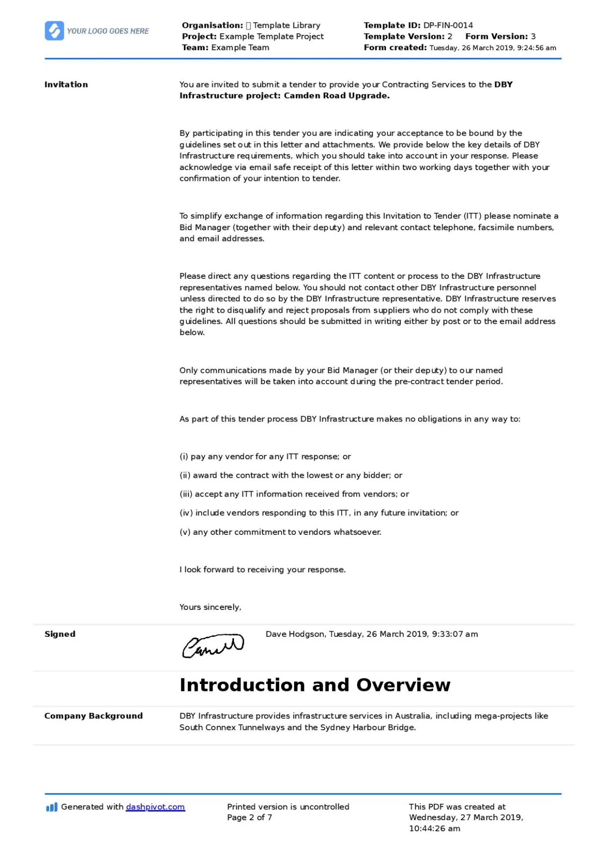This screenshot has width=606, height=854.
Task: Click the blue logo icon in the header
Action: click(x=54, y=31)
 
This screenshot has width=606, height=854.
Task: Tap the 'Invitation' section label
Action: click(x=66, y=85)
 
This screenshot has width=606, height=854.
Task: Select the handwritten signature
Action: click(x=213, y=646)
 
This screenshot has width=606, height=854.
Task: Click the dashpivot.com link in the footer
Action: click(x=155, y=807)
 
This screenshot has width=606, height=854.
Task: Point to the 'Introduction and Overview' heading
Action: click(x=314, y=685)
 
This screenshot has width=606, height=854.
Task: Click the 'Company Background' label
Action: click(x=93, y=716)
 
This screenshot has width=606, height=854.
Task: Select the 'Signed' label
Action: click(x=60, y=634)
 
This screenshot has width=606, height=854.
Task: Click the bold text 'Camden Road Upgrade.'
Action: click(x=336, y=96)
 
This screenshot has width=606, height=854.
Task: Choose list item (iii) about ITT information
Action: click(x=294, y=494)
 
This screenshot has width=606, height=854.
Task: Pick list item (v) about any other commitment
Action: click(x=280, y=532)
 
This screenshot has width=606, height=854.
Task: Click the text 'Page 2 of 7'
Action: click(x=249, y=817)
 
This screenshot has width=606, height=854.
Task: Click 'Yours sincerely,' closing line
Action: click(x=210, y=607)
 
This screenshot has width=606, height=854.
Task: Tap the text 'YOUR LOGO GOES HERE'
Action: click(x=108, y=31)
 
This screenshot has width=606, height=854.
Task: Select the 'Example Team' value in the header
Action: click(x=240, y=48)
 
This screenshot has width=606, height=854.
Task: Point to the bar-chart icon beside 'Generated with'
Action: click(x=51, y=807)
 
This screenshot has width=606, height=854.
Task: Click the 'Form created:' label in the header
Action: click(x=395, y=48)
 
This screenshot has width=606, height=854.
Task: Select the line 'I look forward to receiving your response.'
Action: click(x=262, y=570)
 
